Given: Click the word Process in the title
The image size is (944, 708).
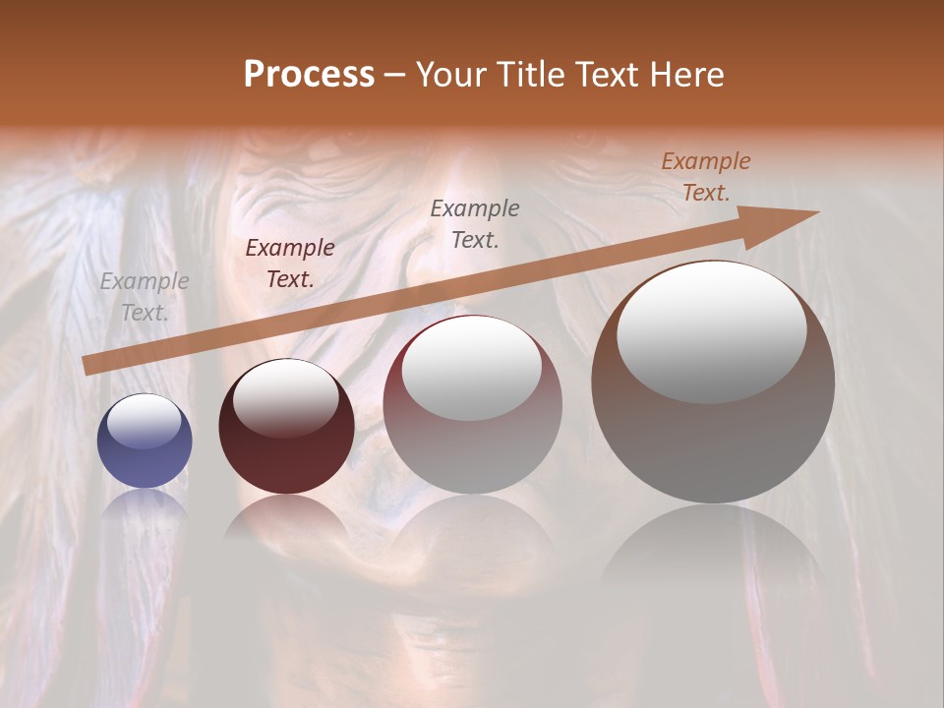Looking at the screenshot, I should click(309, 75).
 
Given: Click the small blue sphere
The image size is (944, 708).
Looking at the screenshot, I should click(145, 442).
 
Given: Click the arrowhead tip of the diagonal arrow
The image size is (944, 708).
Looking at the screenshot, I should click(817, 212).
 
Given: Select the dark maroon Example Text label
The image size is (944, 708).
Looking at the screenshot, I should click(290, 264).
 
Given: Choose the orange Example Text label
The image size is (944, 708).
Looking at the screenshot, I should click(706, 177).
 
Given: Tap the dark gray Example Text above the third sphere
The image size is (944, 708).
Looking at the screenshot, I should click(475, 223).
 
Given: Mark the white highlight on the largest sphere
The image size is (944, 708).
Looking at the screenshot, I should click(712, 331).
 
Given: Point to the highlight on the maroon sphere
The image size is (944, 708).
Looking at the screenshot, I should click(285, 398).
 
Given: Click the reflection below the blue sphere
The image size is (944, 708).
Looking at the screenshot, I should click(145, 506).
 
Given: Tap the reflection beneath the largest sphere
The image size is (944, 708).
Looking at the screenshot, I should click(713, 551).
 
